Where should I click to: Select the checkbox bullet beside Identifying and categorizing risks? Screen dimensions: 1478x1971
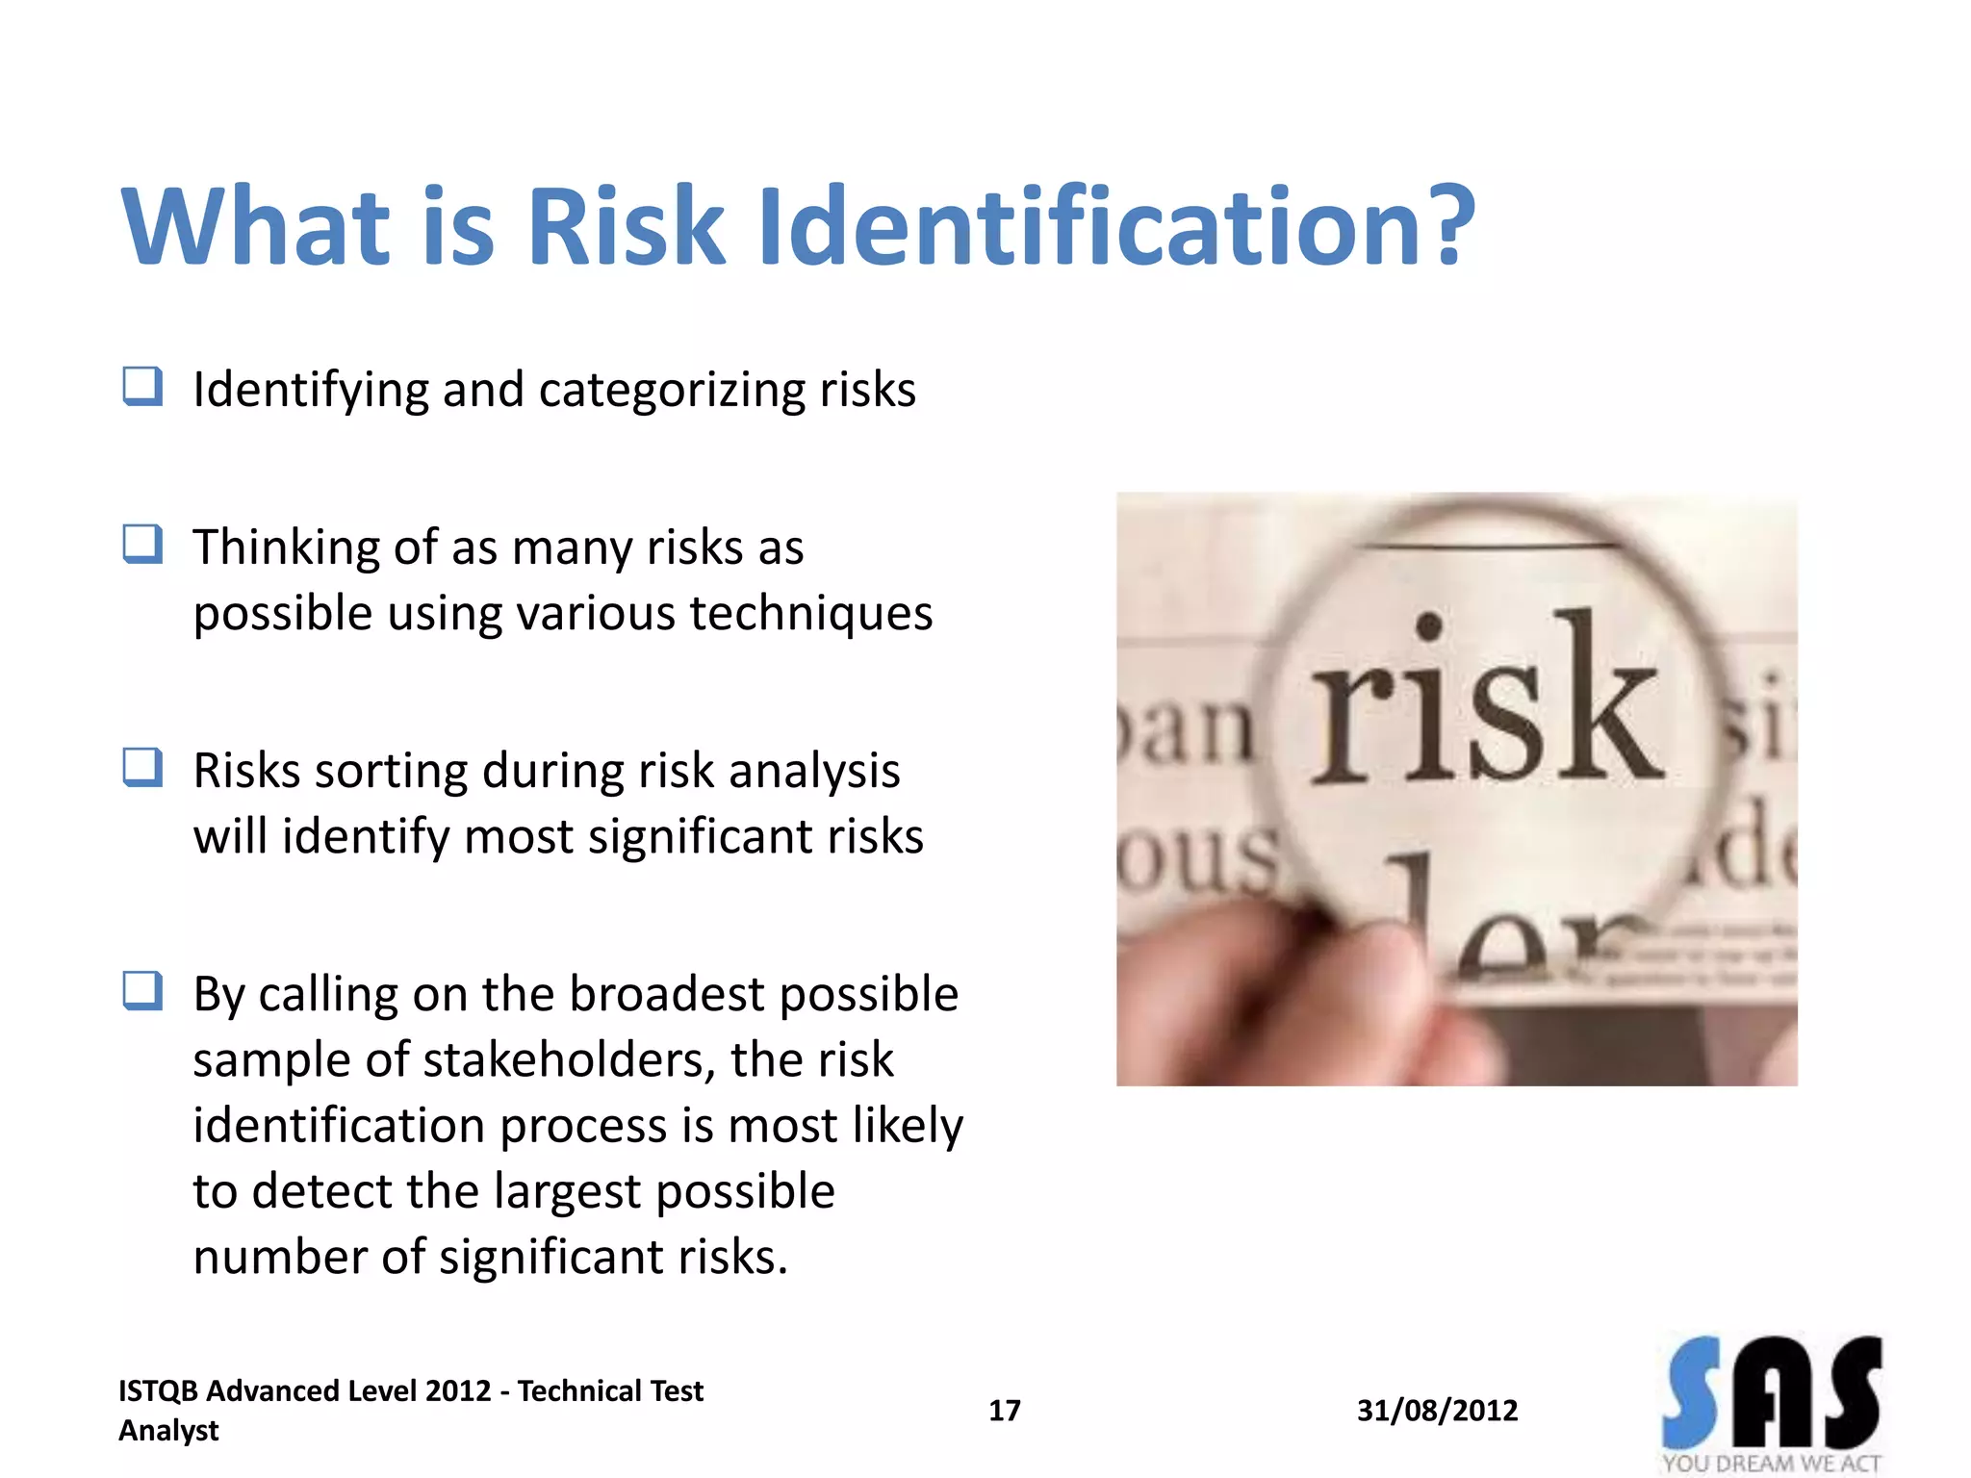142,387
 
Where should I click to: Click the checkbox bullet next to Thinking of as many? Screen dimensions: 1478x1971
142,544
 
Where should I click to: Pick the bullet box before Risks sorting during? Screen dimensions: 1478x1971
142,768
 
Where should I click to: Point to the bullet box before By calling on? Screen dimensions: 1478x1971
142,991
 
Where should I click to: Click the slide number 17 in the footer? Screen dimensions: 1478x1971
1004,1411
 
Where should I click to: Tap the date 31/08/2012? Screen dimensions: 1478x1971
1437,1411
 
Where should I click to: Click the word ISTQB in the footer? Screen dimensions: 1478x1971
158,1391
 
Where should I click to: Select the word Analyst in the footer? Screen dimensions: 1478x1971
168,1431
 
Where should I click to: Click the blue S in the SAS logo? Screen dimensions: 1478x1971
1692,1391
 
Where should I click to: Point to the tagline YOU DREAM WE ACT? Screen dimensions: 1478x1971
1771,1464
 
